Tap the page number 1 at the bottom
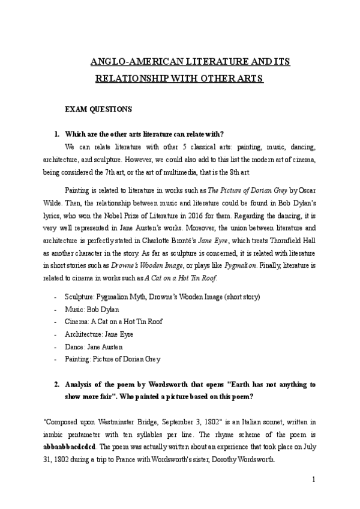[x=313, y=480]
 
